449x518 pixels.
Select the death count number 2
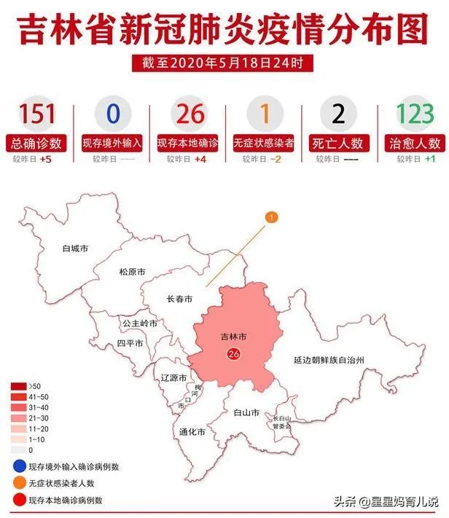337,115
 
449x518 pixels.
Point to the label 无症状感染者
262,143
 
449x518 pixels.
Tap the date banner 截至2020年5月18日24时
223,63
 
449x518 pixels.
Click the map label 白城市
75,248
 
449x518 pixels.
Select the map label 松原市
132,272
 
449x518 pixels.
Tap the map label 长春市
179,299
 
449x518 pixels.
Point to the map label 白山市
246,412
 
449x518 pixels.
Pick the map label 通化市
192,432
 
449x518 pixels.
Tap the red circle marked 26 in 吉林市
234,354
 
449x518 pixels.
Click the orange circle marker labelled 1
271,217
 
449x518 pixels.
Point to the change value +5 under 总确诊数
45,159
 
